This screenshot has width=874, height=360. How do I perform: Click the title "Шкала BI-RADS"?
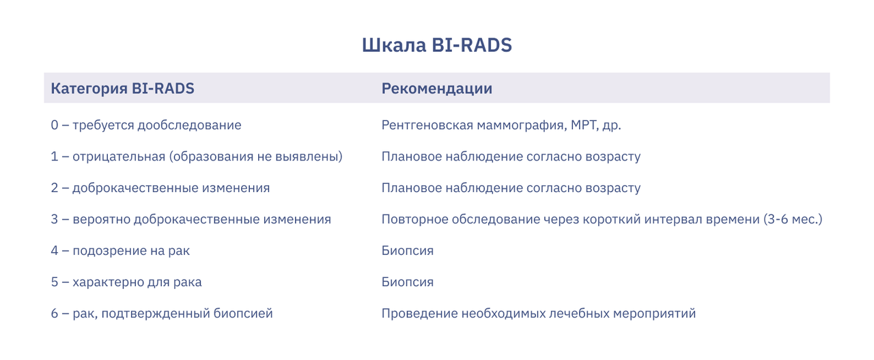tap(436, 45)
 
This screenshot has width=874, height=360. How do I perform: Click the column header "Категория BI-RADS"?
tap(122, 89)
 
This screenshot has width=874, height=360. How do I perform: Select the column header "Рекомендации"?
tap(436, 89)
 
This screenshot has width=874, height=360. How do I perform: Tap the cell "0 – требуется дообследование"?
tap(146, 125)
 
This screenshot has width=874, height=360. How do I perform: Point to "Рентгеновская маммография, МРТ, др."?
tap(501, 125)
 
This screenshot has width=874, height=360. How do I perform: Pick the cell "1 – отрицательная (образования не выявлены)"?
tap(197, 156)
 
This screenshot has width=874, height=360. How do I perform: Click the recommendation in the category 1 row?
tap(511, 156)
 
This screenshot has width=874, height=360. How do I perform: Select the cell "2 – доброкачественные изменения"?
tap(160, 188)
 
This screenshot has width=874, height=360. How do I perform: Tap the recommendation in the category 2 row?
tap(511, 188)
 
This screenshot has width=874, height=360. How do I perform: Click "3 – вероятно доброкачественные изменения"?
tap(191, 219)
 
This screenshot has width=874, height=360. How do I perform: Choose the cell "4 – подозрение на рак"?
tap(120, 251)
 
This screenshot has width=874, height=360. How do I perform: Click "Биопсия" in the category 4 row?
tap(408, 251)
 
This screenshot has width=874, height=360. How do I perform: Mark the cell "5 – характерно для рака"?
tap(126, 282)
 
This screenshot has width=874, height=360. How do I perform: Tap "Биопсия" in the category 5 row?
tap(408, 282)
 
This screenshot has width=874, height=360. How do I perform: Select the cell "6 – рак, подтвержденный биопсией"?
tap(162, 314)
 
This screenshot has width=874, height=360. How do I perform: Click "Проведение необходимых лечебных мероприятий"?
tap(539, 314)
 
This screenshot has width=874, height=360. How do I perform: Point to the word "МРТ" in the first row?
tap(584, 125)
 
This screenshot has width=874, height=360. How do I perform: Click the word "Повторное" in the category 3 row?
tap(414, 219)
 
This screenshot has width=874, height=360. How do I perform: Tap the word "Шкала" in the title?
tap(394, 45)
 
